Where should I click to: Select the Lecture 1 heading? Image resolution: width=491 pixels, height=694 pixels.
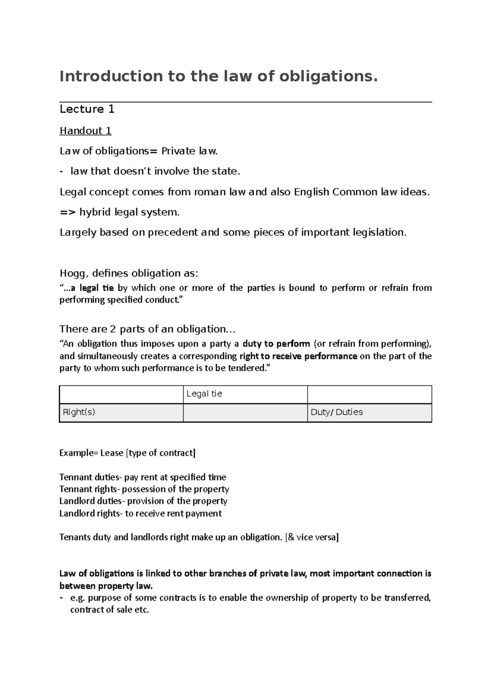[87, 109]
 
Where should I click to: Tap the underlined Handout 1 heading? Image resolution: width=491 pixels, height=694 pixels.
[86, 131]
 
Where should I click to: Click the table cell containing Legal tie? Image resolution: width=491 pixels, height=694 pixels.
[245, 394]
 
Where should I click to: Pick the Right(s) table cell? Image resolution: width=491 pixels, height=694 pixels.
[121, 412]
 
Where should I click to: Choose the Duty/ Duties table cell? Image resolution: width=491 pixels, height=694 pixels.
[369, 412]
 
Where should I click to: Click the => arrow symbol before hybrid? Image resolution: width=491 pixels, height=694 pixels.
[68, 212]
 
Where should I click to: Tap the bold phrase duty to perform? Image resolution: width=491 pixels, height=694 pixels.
[276, 344]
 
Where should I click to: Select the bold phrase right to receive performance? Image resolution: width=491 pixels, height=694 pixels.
[298, 356]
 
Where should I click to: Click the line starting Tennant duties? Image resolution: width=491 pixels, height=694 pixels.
[142, 477]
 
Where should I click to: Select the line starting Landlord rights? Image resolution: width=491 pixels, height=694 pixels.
[140, 513]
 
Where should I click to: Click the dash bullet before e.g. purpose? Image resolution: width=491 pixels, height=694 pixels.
[61, 598]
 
